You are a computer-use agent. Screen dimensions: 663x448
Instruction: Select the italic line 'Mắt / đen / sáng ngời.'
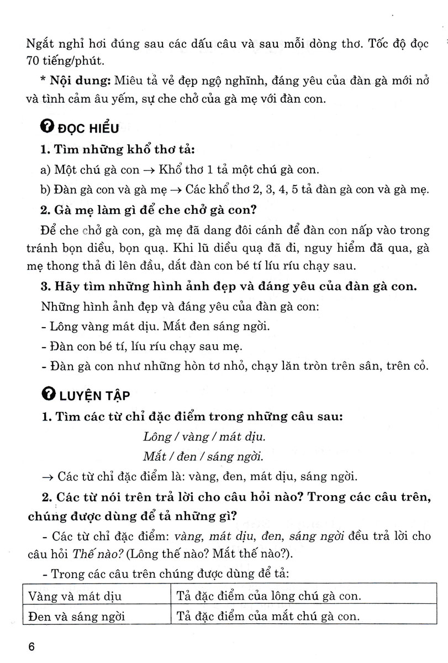click(202, 456)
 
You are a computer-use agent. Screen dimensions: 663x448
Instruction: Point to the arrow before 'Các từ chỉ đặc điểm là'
click(49, 476)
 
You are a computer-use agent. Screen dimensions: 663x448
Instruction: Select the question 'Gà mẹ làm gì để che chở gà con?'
click(150, 211)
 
